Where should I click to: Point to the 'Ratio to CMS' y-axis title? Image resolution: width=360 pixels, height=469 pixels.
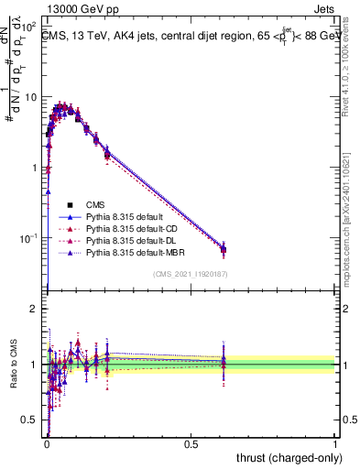[x=12, y=365]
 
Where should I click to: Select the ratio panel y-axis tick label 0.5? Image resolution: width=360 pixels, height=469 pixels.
[x=29, y=420]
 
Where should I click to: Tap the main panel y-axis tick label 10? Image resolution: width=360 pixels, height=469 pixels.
[x=29, y=97]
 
